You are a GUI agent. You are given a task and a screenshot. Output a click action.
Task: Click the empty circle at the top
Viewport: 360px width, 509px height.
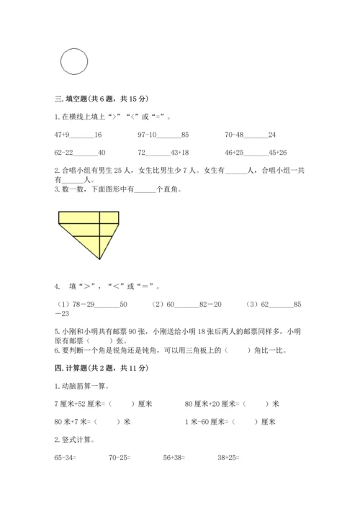point(73,61)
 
